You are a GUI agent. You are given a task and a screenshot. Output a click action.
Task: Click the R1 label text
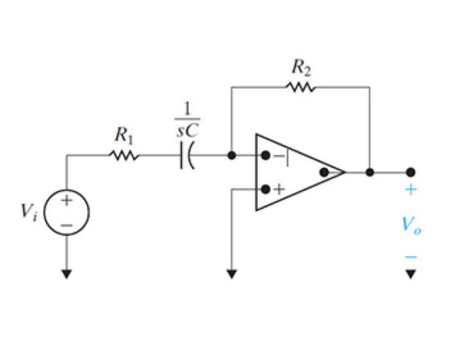(x=124, y=135)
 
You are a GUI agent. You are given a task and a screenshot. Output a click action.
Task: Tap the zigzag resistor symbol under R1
(x=124, y=155)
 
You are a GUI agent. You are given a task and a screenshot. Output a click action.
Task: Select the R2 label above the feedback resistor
(x=301, y=66)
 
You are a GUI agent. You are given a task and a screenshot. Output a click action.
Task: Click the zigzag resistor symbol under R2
(x=301, y=86)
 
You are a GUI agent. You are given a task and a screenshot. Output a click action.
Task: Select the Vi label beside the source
(x=30, y=212)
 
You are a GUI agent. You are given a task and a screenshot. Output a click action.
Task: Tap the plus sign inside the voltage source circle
(x=66, y=200)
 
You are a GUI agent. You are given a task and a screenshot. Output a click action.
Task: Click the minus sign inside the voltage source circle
(x=66, y=224)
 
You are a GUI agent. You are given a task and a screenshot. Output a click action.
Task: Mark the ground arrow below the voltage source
(x=66, y=274)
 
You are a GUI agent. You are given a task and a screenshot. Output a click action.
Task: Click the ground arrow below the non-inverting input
(x=231, y=274)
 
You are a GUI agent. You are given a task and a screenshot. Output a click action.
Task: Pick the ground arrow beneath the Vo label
(x=411, y=274)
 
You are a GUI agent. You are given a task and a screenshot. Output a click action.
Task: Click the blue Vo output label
(x=411, y=225)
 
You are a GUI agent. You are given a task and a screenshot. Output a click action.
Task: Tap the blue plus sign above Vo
(x=411, y=190)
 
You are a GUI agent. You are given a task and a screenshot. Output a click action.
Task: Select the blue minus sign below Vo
(x=411, y=257)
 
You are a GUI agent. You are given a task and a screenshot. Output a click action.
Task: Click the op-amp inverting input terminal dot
(x=265, y=155)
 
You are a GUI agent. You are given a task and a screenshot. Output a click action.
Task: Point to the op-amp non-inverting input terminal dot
(x=265, y=189)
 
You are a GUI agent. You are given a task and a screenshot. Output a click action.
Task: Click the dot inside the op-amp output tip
(x=324, y=172)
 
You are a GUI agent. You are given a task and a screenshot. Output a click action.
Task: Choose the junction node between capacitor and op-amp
(x=231, y=155)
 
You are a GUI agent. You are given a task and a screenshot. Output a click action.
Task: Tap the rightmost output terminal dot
(x=411, y=172)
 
